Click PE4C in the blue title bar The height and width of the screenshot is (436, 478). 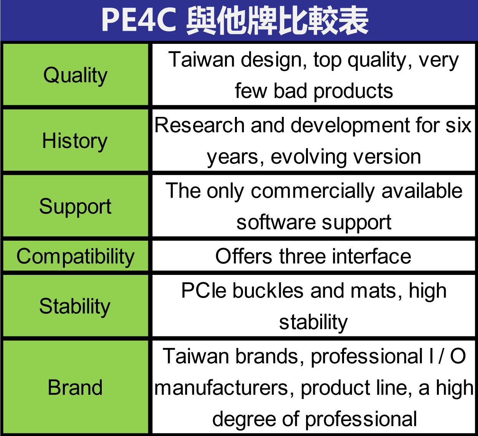pos(139,20)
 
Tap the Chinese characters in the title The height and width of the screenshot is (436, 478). pos(277,20)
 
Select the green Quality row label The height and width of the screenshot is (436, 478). pos(75,75)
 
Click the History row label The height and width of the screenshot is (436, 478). pos(75,141)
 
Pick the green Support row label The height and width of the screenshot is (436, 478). pos(75,207)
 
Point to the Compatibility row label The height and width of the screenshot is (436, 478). pos(75,256)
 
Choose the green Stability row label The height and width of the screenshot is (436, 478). pos(75,307)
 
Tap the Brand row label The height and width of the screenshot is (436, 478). pos(75,387)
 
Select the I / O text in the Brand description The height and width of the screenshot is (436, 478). pos(447,356)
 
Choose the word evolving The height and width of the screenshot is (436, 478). pos(309,158)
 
